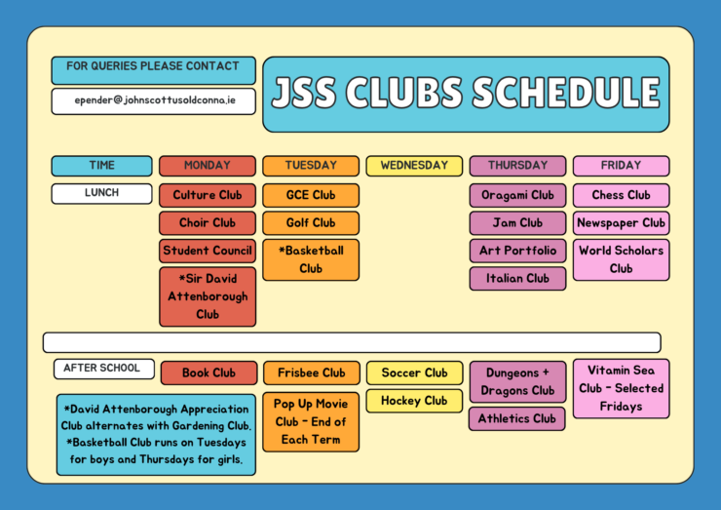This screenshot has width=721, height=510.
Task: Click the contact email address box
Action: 154,101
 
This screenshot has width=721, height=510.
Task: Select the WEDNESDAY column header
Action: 414,166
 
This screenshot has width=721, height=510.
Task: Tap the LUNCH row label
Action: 101,193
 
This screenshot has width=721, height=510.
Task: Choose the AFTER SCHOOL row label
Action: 104,369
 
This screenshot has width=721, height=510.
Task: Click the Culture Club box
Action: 208,195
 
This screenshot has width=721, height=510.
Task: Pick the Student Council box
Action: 208,251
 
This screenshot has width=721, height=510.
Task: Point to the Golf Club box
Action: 311,223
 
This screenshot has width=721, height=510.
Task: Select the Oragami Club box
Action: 517,195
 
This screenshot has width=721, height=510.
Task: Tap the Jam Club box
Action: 517,223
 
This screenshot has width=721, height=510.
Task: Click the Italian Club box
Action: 517,279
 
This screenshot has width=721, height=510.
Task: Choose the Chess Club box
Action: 622,195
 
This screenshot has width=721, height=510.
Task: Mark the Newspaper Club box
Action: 622,223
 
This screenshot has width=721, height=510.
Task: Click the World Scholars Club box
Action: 622,259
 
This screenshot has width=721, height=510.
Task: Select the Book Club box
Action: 209,373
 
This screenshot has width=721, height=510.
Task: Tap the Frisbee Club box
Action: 312,373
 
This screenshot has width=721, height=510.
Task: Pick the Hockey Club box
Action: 414,401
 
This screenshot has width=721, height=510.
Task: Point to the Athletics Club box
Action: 516,418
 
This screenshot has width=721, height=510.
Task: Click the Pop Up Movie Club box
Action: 311,421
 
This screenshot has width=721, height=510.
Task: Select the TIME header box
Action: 101,166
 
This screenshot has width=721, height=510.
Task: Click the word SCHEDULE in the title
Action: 566,93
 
